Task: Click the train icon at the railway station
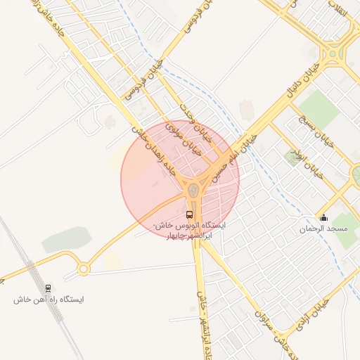pos(48,288)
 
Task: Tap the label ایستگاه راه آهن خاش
pos(48,300)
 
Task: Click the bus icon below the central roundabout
pos(189,214)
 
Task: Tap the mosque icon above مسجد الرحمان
pos(323,217)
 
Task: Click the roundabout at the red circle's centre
pos(193,189)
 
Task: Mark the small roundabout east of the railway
pos(84,268)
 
